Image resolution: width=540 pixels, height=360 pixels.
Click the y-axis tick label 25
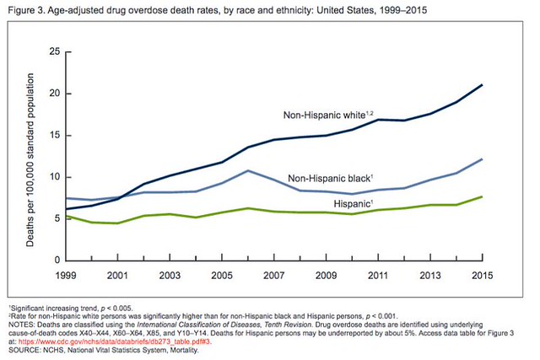[x=53, y=52]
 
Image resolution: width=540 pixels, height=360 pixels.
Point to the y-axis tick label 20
[x=53, y=94]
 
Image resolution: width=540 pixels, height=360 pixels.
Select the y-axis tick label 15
[x=53, y=135]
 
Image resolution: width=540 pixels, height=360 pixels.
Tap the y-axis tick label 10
[x=53, y=177]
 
